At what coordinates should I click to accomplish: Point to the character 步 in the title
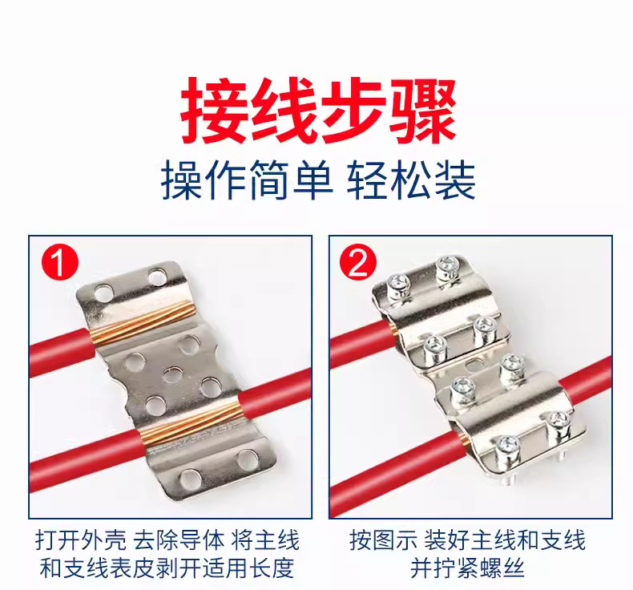click(353, 111)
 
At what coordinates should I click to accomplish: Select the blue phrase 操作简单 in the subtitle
click(246, 181)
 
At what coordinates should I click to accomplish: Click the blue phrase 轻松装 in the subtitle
click(411, 181)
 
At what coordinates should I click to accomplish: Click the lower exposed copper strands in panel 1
click(188, 433)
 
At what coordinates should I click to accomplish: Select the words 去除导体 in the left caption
click(167, 539)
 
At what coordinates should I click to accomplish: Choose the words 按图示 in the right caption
click(376, 539)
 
